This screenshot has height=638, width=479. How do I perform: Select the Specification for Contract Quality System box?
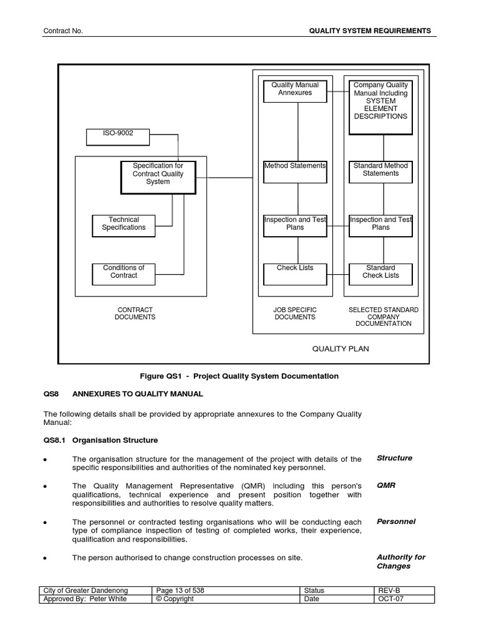point(158,177)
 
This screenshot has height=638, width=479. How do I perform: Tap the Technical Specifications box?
point(123,226)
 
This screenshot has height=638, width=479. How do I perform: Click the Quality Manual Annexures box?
point(295,91)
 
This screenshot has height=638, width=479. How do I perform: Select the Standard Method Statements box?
point(380,171)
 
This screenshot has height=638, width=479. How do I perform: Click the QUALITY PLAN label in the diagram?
point(341,349)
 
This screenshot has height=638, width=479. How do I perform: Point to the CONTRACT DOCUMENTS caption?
point(135,313)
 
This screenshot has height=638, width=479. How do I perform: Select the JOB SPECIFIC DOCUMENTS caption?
point(295,313)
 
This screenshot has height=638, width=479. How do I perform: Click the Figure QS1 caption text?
point(240,376)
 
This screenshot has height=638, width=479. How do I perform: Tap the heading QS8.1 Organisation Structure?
point(100,440)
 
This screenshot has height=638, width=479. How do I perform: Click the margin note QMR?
point(385,485)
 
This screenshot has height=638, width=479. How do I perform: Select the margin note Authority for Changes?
point(400,561)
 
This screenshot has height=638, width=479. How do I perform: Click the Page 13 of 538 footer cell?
point(181,591)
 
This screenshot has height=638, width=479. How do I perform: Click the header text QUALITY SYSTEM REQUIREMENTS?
point(370,31)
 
